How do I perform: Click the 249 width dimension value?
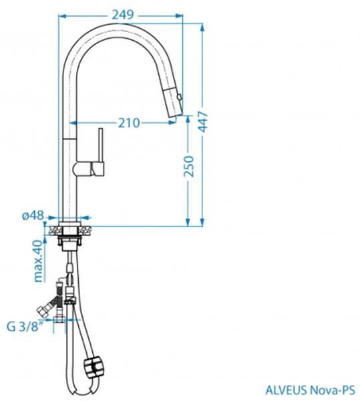point(123,15)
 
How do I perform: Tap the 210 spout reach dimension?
point(129,123)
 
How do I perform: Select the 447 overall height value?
point(203,122)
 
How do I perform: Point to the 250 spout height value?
point(188,166)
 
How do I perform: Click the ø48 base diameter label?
point(33,215)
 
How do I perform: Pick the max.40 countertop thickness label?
point(38,261)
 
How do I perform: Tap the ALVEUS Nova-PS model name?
point(310,390)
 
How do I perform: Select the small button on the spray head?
point(180,97)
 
